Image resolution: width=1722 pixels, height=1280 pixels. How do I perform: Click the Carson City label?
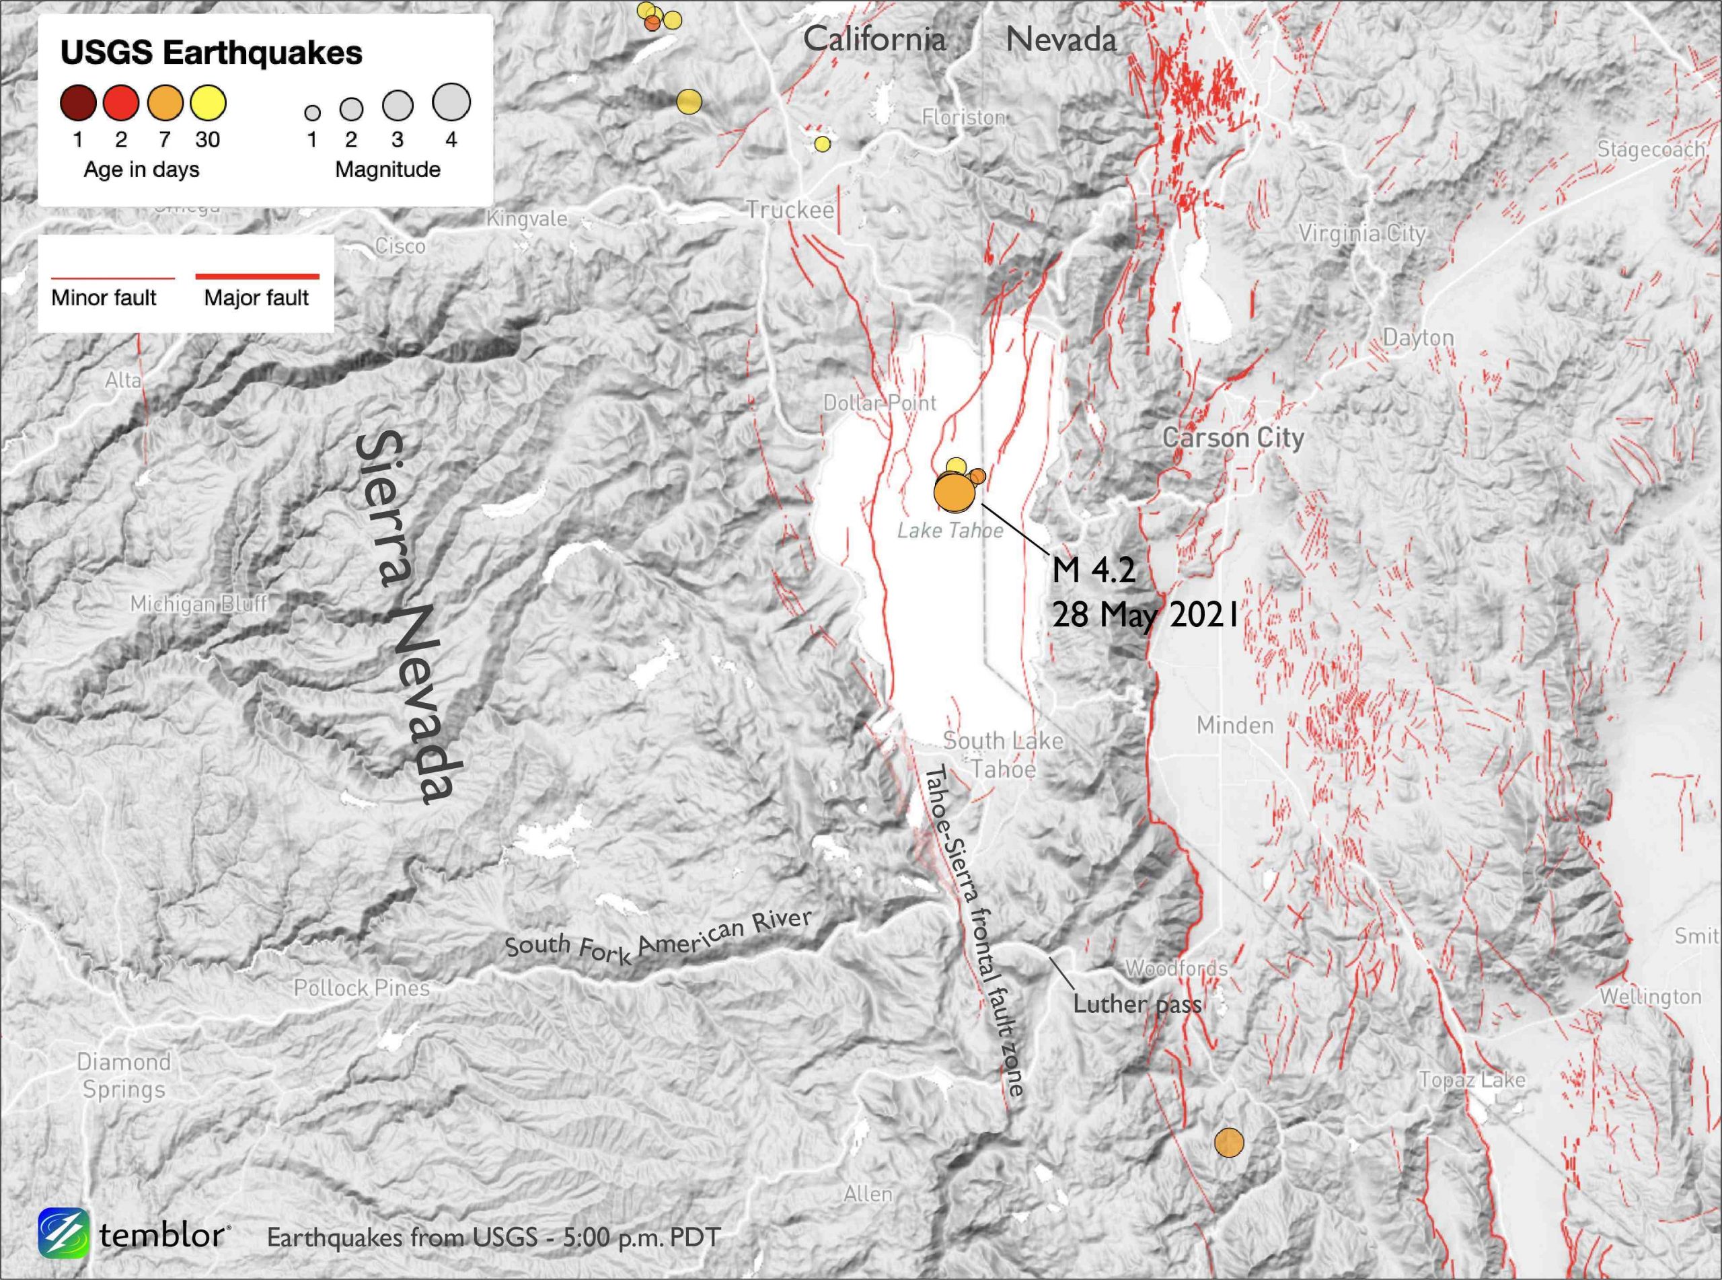coord(1233,438)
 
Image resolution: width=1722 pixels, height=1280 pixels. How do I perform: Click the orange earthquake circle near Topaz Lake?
coord(1228,1142)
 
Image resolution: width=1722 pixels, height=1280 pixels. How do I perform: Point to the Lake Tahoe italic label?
coord(950,531)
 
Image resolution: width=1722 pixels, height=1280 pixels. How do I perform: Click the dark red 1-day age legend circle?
coord(78,103)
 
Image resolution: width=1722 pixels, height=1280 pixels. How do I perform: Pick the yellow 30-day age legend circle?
coord(208,103)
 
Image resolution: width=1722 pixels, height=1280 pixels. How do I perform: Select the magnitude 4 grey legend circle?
coord(451,103)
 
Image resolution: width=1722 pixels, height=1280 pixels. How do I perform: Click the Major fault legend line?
coord(256,276)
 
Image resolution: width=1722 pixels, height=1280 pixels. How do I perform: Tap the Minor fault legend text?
coord(104,298)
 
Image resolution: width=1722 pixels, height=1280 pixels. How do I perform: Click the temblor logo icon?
coord(63,1234)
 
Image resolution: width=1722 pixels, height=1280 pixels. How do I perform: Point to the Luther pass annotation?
coord(1136,1005)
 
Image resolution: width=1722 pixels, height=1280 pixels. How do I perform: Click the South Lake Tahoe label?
coord(1003,755)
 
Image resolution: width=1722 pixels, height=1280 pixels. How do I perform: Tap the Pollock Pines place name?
coord(361,988)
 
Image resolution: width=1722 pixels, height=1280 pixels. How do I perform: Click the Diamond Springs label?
coord(124,1076)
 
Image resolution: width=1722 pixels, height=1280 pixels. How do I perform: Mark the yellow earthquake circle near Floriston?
coord(823,144)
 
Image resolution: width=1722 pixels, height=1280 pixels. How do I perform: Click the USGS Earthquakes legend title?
coord(211,52)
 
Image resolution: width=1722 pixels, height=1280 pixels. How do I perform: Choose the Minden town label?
coord(1235,725)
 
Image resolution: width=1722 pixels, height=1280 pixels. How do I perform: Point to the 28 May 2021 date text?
coord(1143,617)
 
